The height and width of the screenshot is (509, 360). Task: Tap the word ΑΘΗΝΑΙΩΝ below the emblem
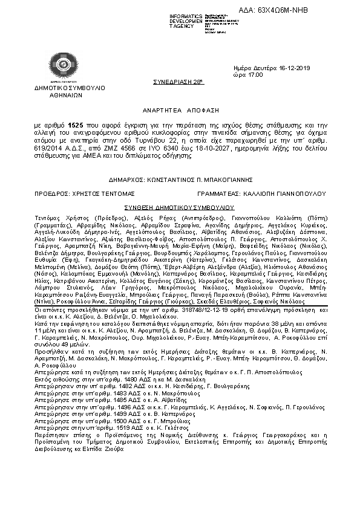[58, 94]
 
